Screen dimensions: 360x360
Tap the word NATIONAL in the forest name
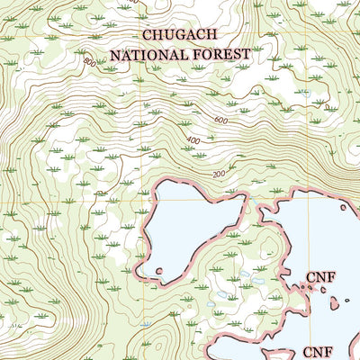(x=148, y=54)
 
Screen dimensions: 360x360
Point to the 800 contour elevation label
(x=88, y=62)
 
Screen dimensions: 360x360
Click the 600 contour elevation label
(x=221, y=120)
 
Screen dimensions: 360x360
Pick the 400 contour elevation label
(x=193, y=141)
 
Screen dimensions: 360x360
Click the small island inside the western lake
(x=159, y=270)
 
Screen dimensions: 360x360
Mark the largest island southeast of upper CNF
(x=334, y=303)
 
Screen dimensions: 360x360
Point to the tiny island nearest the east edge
(x=347, y=300)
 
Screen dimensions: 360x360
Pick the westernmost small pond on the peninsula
(x=211, y=304)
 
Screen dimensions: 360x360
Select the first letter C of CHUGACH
(x=147, y=35)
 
